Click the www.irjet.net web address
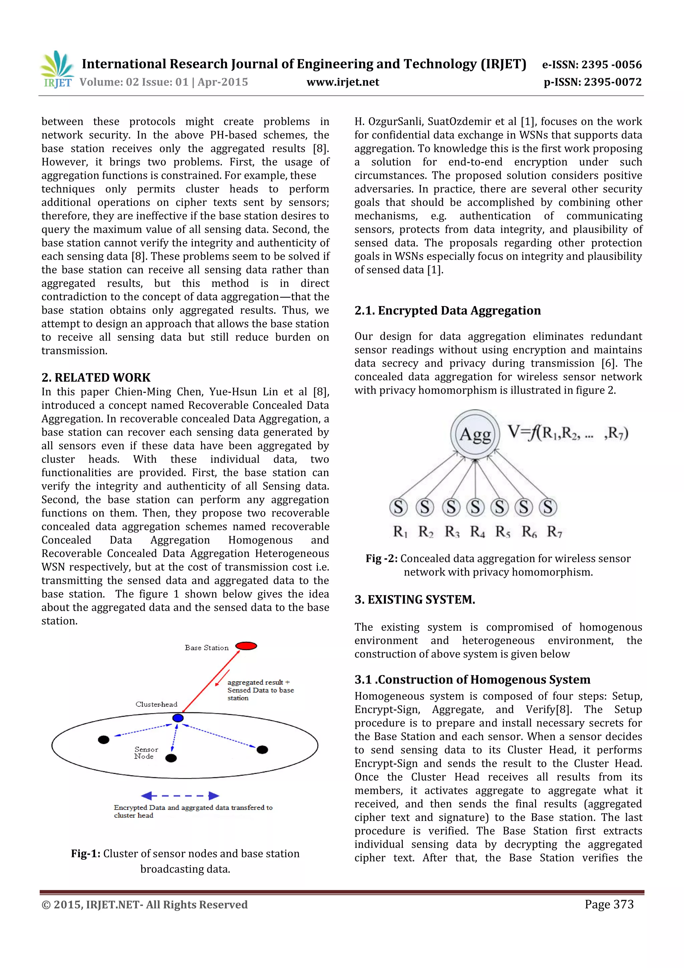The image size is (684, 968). (343, 82)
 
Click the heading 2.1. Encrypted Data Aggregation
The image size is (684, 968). (447, 310)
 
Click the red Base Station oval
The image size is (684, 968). (246, 646)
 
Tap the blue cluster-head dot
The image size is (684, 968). (178, 718)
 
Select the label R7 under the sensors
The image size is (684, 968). (554, 532)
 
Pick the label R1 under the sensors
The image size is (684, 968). (400, 532)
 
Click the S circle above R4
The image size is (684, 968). (475, 507)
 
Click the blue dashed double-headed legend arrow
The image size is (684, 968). (180, 796)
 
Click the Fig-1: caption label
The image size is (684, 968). (85, 853)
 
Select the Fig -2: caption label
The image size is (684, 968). (381, 558)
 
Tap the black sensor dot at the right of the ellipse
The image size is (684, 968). (262, 749)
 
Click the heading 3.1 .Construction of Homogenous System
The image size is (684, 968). (472, 679)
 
